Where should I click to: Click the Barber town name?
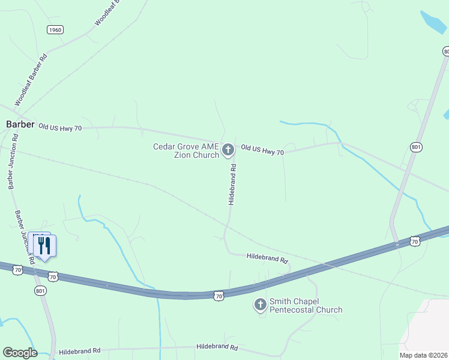(x=20, y=124)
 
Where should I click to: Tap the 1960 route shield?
(x=55, y=29)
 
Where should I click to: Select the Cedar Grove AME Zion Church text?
(x=186, y=151)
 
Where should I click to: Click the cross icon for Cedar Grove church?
(x=228, y=149)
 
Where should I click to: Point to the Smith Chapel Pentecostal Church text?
(x=306, y=305)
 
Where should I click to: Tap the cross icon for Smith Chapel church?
(x=261, y=305)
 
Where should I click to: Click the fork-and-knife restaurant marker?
(x=44, y=245)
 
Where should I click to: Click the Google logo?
(x=20, y=353)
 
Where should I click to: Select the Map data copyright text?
(x=423, y=355)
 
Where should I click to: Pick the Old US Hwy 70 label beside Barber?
(x=59, y=127)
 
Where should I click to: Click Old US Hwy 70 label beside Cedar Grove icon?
(x=262, y=149)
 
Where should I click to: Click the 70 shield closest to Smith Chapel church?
(x=219, y=295)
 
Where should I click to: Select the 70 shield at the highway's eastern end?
(x=414, y=241)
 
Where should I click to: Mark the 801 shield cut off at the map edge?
(x=445, y=52)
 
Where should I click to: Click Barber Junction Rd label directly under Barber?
(x=13, y=162)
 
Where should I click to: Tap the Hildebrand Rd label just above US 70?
(x=268, y=258)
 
